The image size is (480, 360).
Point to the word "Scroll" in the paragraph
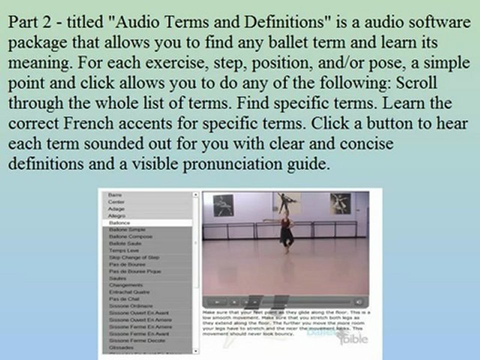click(x=416, y=83)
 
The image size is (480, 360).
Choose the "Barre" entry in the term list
click(x=115, y=194)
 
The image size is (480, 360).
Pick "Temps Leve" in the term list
click(x=119, y=250)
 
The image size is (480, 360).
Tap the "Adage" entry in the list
click(x=116, y=208)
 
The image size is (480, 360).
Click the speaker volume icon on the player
click(x=358, y=302)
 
